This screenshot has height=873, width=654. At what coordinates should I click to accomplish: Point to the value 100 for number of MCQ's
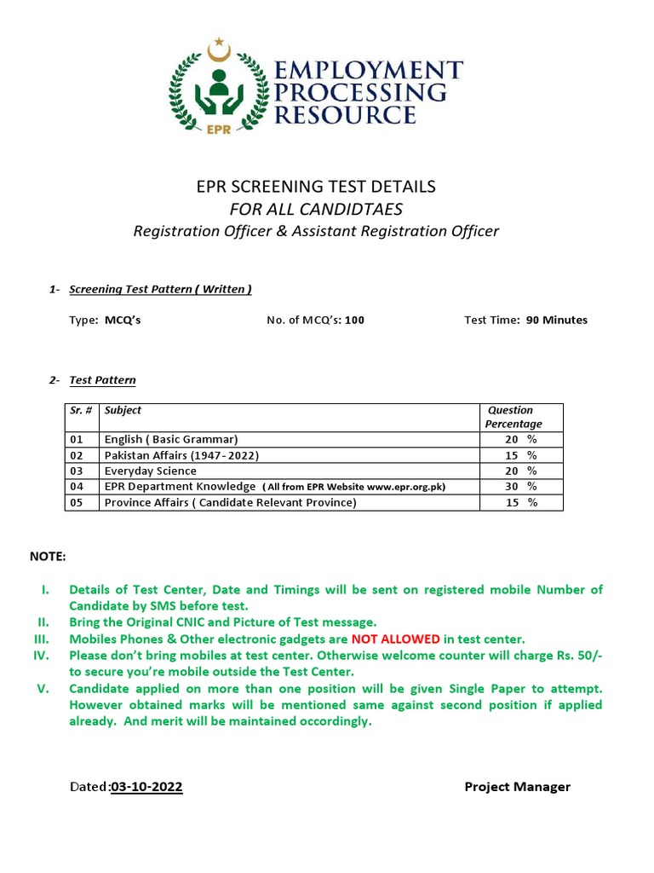tap(354, 321)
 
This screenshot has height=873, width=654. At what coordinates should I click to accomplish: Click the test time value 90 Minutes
tap(556, 321)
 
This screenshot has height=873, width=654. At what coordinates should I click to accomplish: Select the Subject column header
tap(123, 410)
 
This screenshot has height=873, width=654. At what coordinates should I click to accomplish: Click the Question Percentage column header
tap(513, 417)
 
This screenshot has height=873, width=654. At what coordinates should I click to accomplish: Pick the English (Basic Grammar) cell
tap(171, 439)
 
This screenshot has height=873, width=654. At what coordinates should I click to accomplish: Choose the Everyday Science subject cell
tap(150, 471)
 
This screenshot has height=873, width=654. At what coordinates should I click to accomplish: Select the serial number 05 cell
tap(77, 502)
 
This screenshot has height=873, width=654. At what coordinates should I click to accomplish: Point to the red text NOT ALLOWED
tap(395, 639)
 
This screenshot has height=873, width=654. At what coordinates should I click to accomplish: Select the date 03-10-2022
tap(146, 787)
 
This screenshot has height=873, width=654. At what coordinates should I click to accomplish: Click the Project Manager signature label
tap(517, 787)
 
